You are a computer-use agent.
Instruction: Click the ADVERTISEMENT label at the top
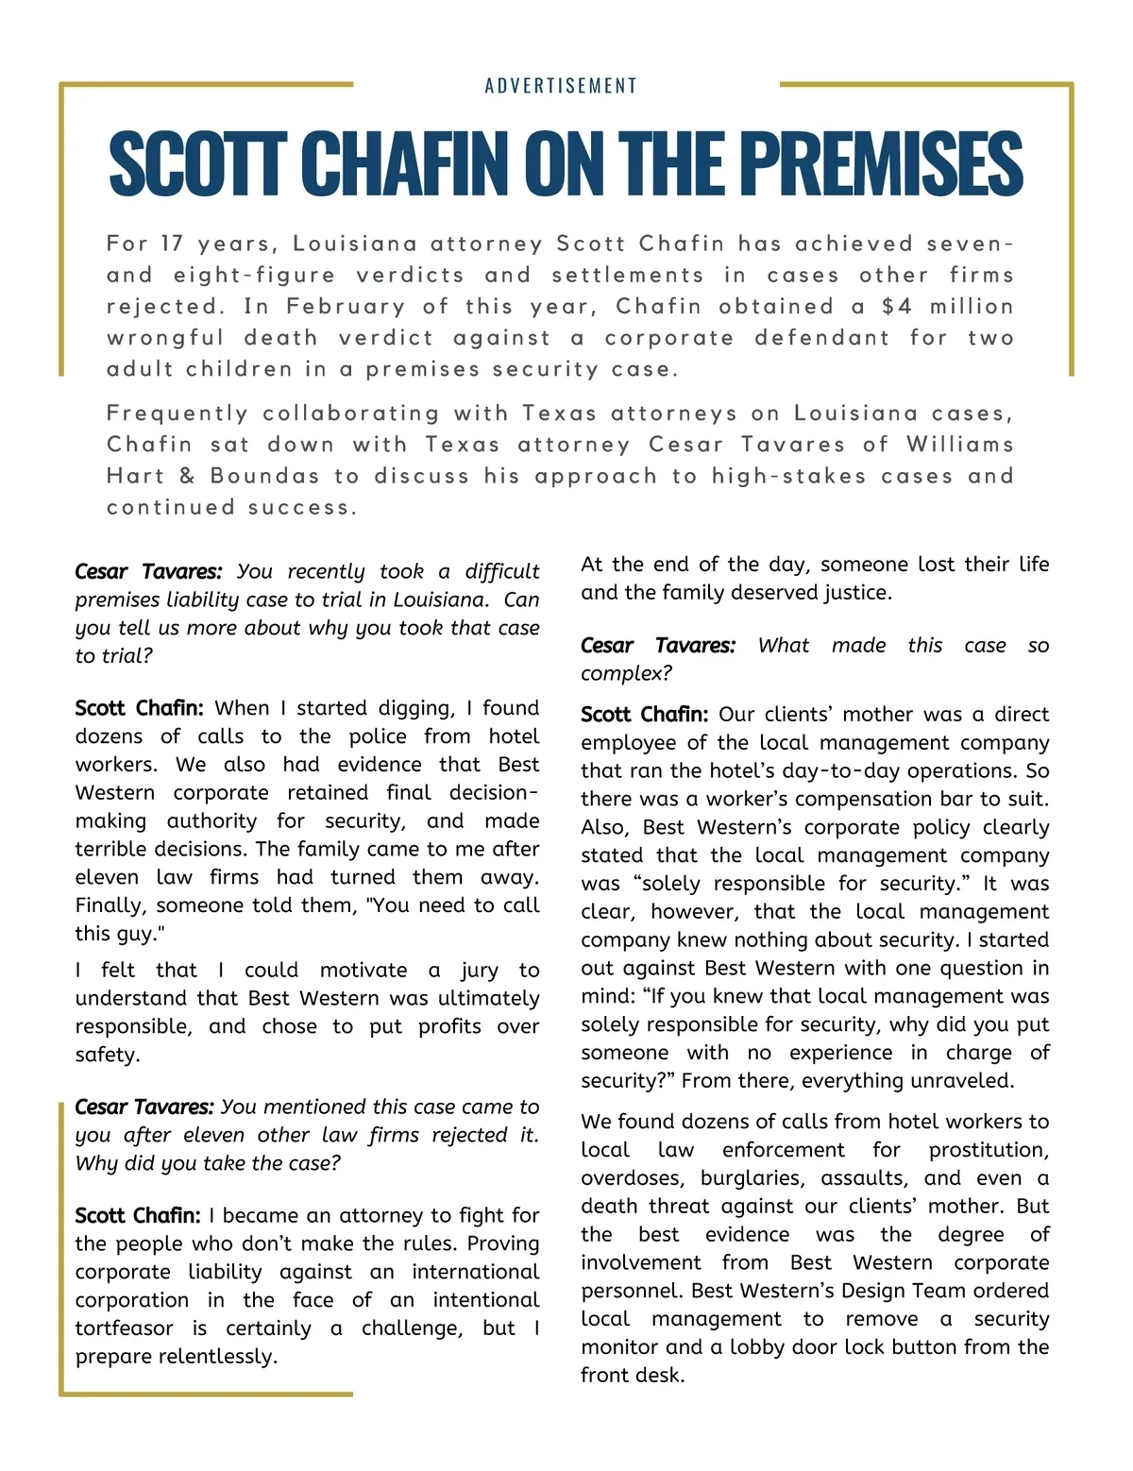(x=561, y=86)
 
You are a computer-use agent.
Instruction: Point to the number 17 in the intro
(x=171, y=244)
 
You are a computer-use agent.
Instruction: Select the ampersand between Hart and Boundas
(x=187, y=475)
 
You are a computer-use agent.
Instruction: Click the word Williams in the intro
(x=959, y=444)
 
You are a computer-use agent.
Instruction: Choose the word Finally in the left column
(x=111, y=905)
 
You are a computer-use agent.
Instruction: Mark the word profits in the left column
(x=449, y=1026)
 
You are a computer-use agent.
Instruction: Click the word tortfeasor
(x=124, y=1328)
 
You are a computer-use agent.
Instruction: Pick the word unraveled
(x=966, y=1081)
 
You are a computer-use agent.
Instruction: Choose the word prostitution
(x=989, y=1150)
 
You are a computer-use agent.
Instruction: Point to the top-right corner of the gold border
(x=1072, y=85)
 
